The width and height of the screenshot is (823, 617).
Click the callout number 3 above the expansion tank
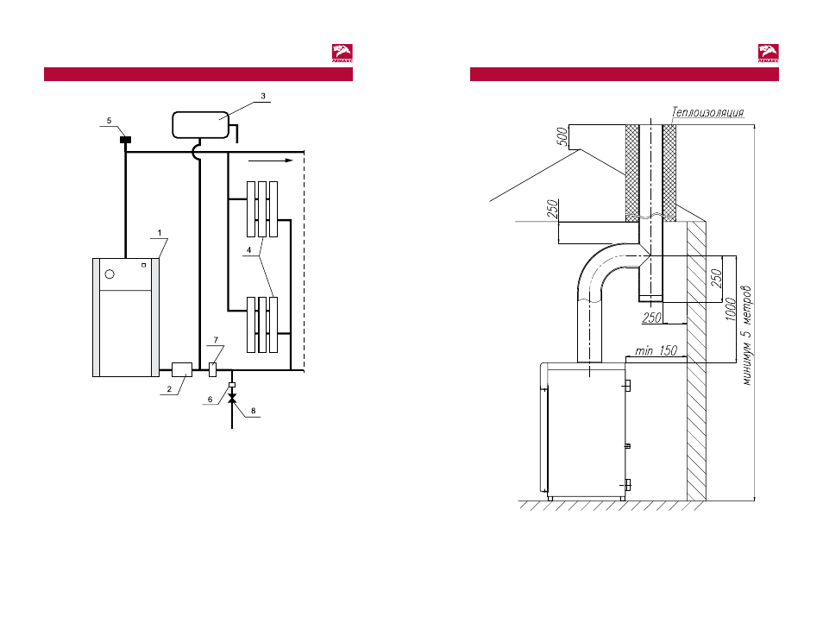tap(263, 96)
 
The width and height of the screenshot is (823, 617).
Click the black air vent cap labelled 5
tap(125, 140)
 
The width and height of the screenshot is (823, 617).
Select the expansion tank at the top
tap(200, 125)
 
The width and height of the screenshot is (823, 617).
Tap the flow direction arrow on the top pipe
tap(271, 161)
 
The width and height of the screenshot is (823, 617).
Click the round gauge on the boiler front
tap(110, 274)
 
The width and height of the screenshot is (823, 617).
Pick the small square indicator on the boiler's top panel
tap(144, 265)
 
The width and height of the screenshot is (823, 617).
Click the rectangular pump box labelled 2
tap(182, 369)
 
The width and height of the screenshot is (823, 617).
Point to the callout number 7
tap(215, 340)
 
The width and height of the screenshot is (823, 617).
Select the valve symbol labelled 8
tap(232, 399)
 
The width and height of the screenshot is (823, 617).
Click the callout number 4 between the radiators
tap(248, 250)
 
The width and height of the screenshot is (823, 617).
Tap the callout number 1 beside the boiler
tap(160, 233)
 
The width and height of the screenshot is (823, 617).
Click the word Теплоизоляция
tap(708, 112)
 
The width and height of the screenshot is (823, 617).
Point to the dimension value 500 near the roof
tap(562, 136)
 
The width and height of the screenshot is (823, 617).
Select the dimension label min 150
tap(657, 350)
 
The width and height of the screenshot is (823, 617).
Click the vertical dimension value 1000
tap(730, 309)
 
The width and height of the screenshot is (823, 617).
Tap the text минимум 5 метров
tap(747, 336)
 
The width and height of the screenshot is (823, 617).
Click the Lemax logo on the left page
tap(342, 54)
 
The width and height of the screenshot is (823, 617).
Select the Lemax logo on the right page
tap(769, 54)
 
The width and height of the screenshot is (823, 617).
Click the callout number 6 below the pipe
tap(210, 400)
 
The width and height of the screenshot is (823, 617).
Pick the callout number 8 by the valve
tap(253, 411)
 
